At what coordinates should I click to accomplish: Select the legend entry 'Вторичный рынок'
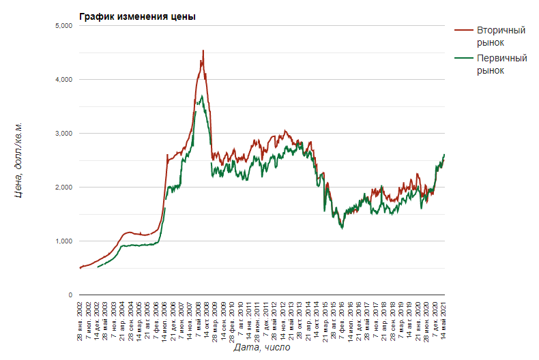(490, 37)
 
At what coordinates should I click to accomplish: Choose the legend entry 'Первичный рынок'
(490, 64)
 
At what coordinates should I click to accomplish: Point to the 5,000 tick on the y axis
(63, 26)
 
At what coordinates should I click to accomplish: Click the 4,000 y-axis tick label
(63, 80)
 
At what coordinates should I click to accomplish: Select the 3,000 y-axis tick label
(63, 134)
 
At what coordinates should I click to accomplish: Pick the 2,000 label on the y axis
(63, 187)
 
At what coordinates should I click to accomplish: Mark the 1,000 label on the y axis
(63, 241)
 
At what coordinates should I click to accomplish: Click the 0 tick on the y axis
(70, 295)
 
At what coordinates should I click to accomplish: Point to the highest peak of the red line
(203, 50)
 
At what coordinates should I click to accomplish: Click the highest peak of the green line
(202, 96)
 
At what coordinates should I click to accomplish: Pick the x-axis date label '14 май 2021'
(444, 320)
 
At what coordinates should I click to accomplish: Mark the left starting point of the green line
(98, 267)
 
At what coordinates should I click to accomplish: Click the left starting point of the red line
(80, 268)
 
